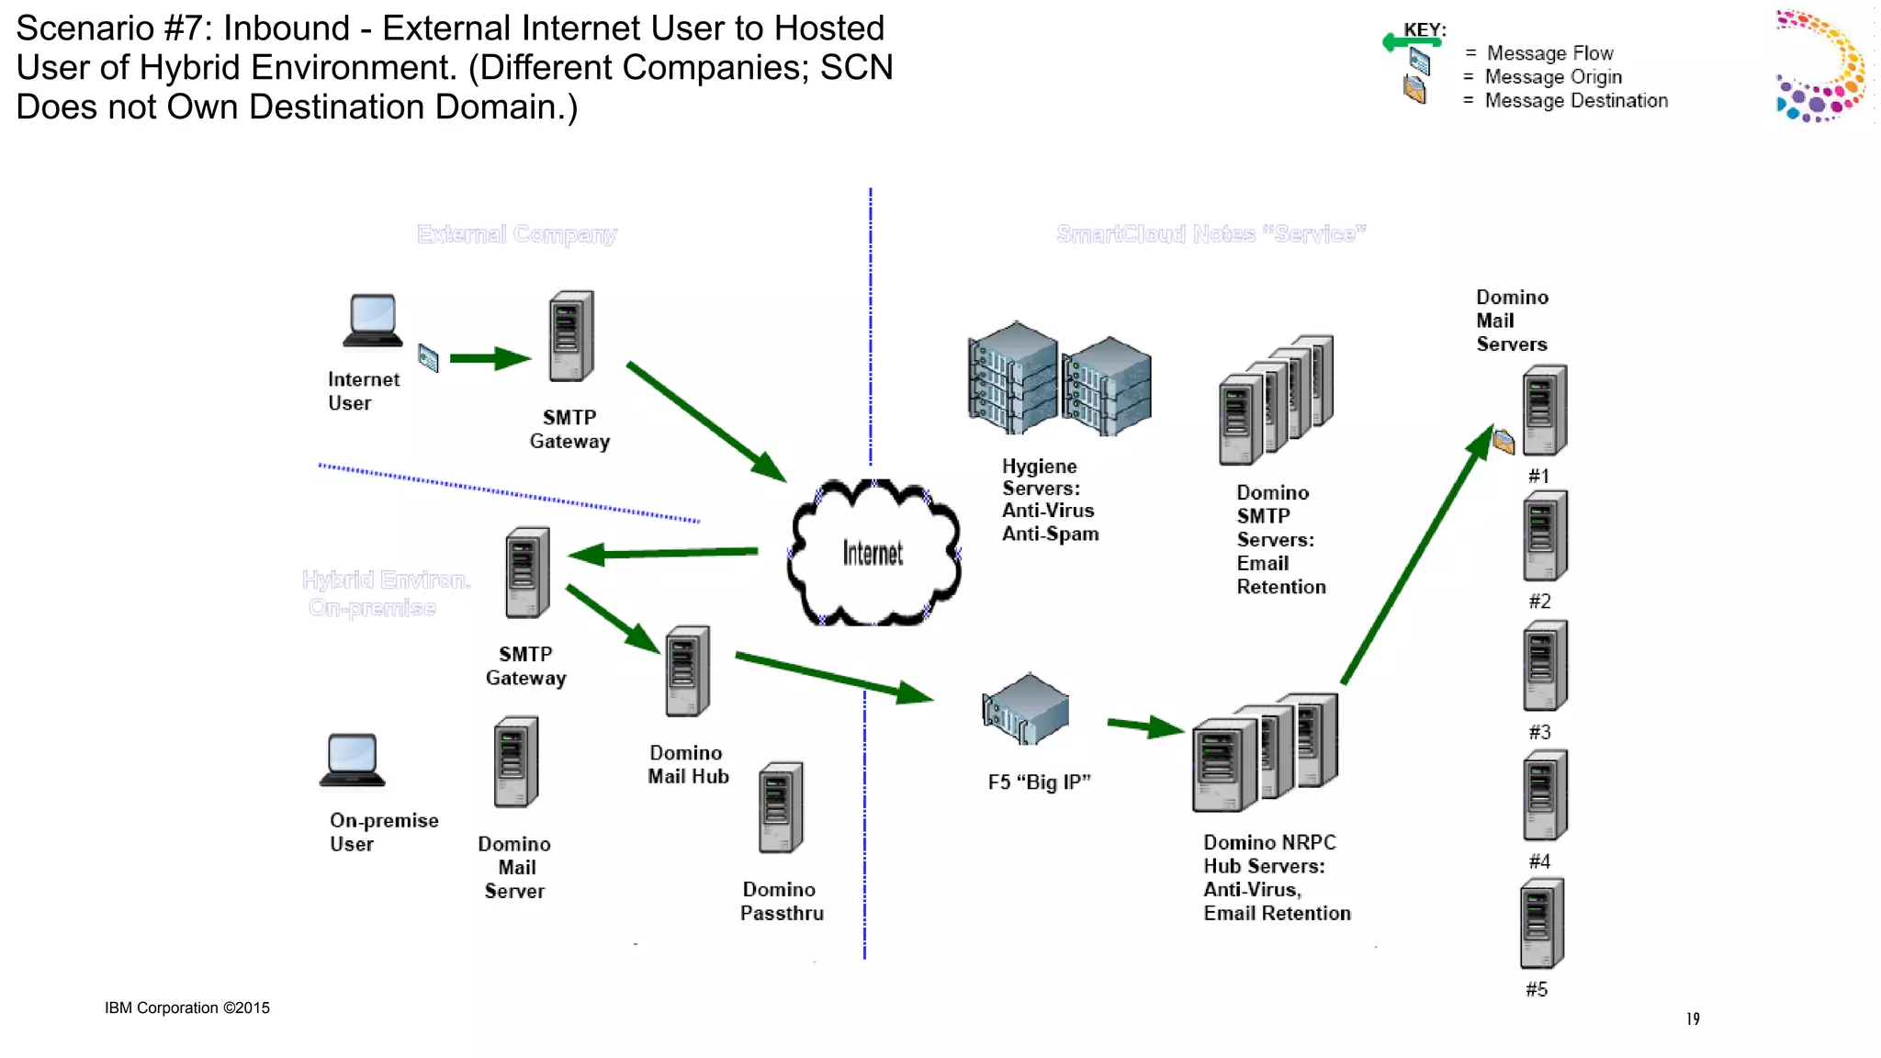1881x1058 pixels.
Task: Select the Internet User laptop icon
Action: point(373,321)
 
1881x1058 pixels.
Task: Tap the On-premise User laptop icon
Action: point(352,760)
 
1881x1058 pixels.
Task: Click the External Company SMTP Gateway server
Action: point(571,336)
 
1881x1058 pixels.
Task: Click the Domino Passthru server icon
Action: point(781,807)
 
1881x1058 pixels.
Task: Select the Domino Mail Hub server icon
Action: point(687,670)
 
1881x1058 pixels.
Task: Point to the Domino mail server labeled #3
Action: point(1545,666)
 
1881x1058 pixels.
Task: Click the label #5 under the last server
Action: point(1537,989)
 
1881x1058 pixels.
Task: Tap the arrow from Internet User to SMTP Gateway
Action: point(490,358)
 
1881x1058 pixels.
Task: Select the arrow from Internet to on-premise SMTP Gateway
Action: point(663,553)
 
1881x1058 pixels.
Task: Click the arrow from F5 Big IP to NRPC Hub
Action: point(1144,726)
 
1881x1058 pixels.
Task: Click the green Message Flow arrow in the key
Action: point(1410,41)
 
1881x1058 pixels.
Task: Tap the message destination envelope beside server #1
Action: point(1504,443)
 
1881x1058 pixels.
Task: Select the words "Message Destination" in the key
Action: point(1576,101)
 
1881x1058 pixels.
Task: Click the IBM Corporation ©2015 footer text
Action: point(187,1007)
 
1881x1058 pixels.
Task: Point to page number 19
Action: point(1693,1019)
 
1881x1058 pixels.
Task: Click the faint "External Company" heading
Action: point(517,234)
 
